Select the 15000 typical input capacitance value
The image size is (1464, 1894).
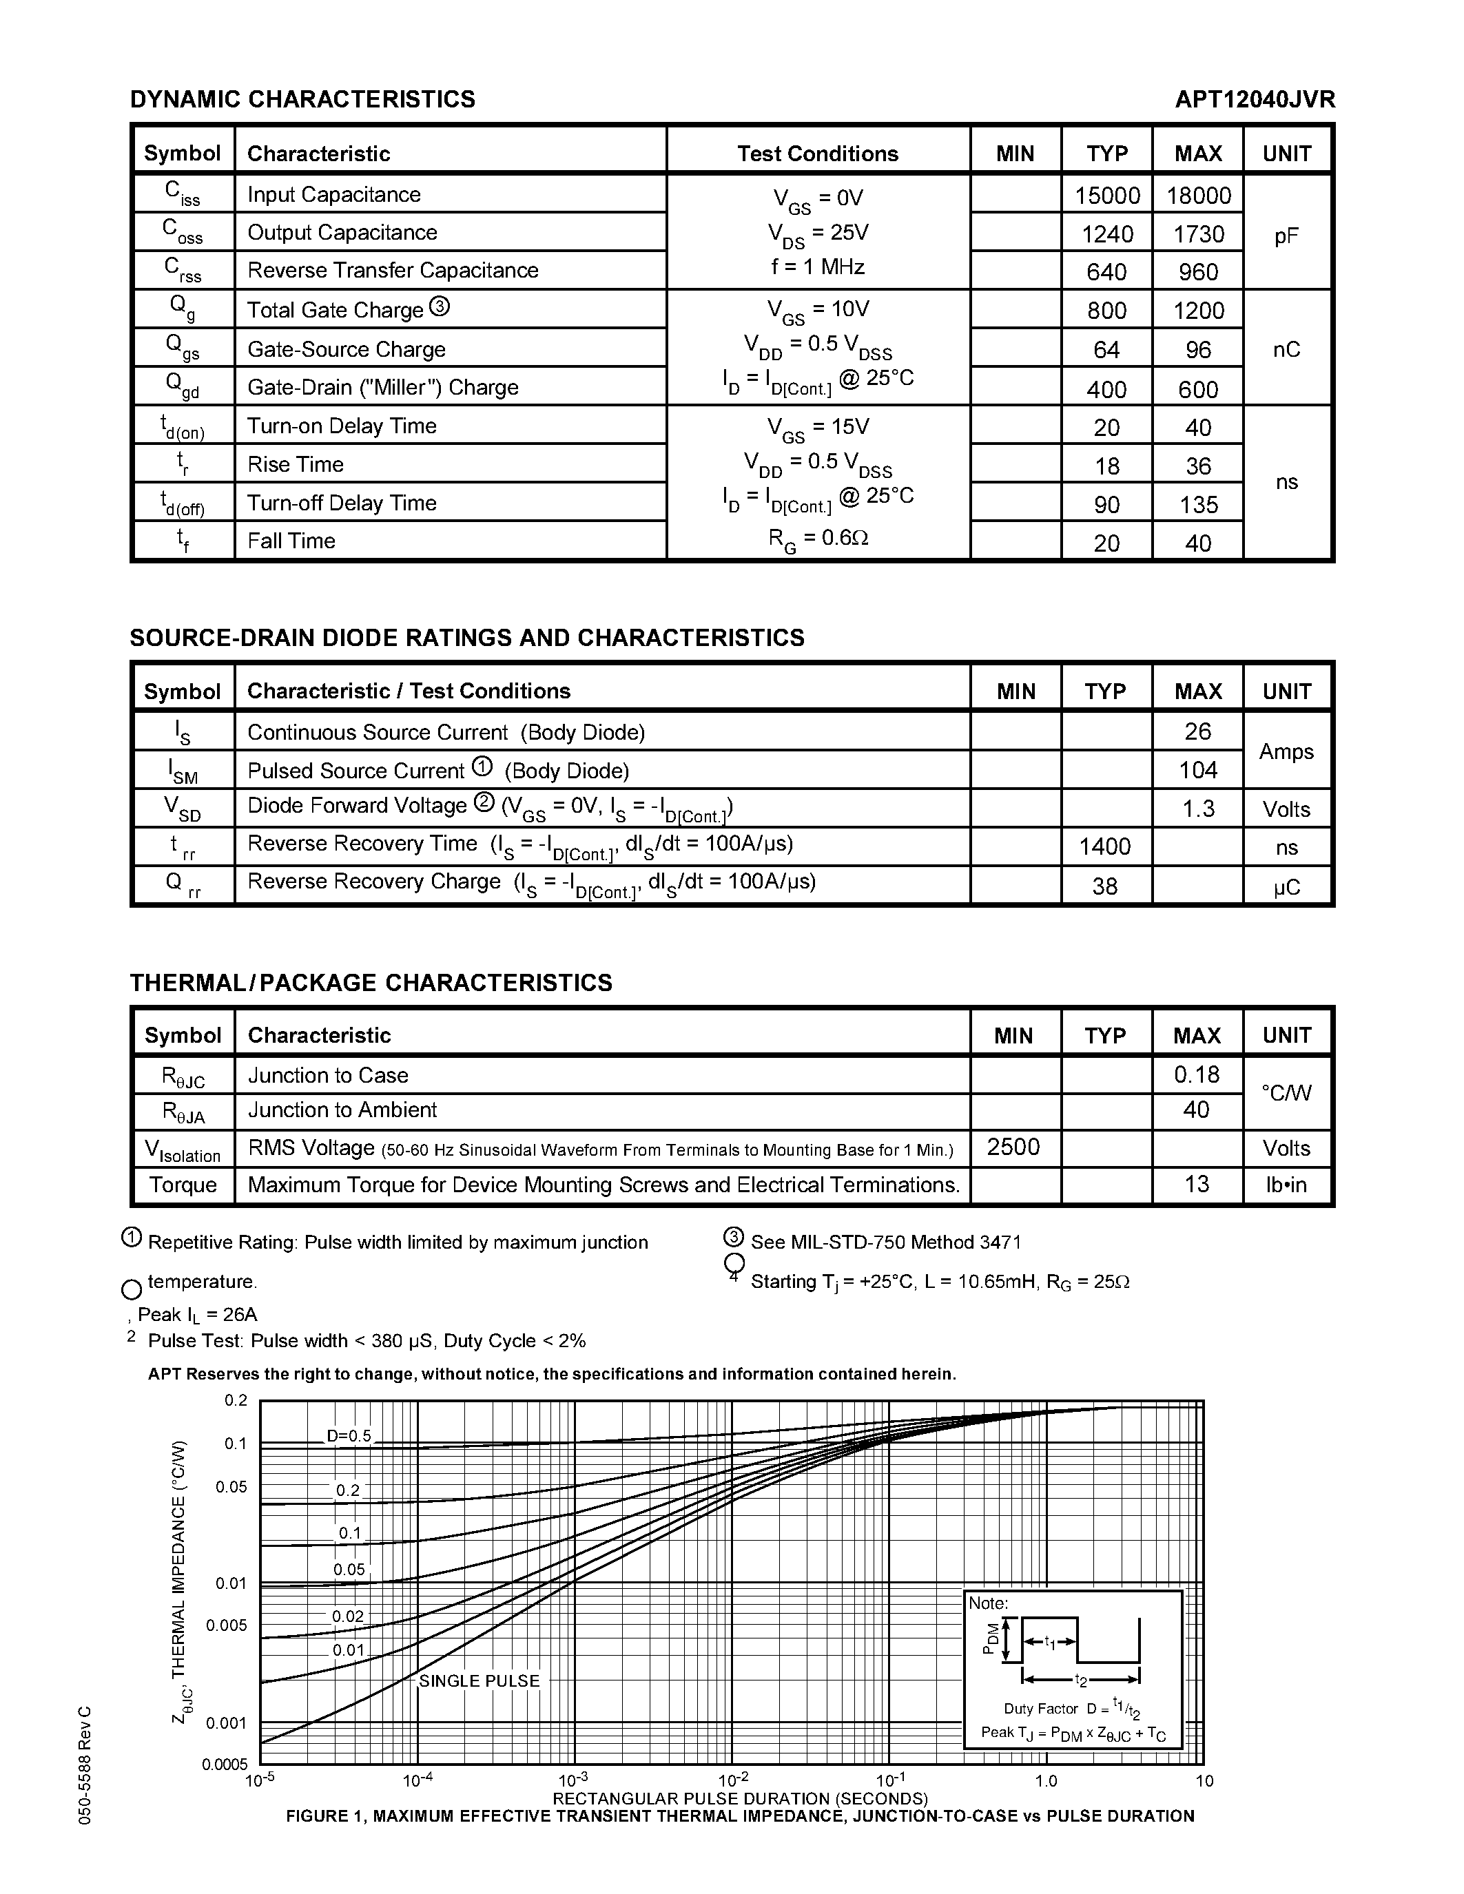(1106, 195)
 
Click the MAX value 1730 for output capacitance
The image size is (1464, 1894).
(1198, 234)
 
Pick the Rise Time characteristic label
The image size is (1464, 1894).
(296, 464)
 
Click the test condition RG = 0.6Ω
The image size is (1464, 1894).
(818, 539)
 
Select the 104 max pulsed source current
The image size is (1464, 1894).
(1198, 770)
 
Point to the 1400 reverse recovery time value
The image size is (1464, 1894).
(1104, 846)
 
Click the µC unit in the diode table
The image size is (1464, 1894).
(1286, 887)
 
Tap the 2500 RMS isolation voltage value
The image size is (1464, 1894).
(1013, 1147)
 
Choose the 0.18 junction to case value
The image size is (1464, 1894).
(1197, 1074)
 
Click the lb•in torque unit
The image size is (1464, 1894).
(1286, 1185)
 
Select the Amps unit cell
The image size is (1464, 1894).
(1286, 751)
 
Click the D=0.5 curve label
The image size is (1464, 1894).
(349, 1436)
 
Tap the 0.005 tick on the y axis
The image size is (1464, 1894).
(227, 1625)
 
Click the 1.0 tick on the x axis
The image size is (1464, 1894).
(1046, 1781)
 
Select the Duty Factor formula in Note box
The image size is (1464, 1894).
(1072, 1709)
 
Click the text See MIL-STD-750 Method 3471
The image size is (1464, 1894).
(885, 1242)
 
